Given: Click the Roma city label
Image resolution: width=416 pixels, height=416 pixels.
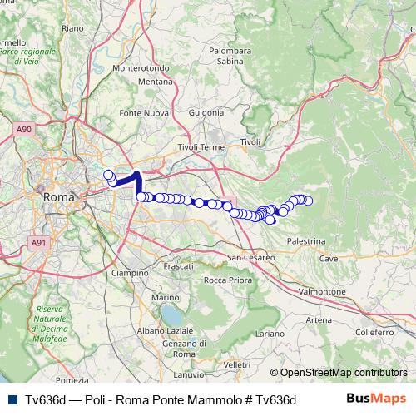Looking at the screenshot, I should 58,198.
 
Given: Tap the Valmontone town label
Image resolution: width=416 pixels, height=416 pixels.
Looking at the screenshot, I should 321,292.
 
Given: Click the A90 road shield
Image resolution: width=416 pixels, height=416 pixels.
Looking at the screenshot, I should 23,129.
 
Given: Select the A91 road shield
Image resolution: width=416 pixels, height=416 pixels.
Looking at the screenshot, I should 37,242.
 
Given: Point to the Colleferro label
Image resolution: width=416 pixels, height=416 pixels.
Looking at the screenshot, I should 368,332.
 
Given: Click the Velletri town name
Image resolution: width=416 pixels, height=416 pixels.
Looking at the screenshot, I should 237,364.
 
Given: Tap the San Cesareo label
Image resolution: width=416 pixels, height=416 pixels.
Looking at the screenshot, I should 250,256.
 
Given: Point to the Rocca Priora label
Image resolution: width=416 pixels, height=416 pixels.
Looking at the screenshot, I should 227,280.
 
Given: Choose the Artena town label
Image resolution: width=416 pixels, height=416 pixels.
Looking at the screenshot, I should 319,319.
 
